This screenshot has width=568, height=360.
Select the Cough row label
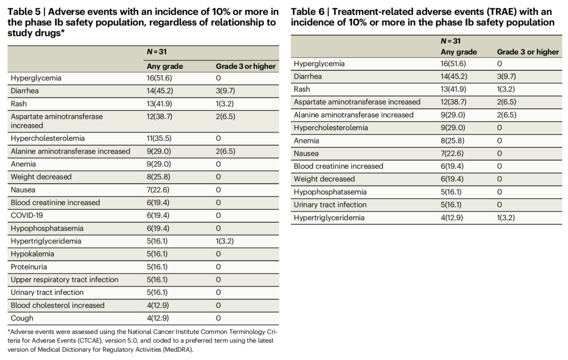click(x=22, y=318)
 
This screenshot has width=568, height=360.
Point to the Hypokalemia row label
click(x=32, y=254)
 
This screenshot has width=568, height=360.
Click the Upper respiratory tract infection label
click(x=65, y=280)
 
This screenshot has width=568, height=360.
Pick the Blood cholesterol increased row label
click(x=58, y=305)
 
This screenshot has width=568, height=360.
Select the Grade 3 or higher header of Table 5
click(x=246, y=66)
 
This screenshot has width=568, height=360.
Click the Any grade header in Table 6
click(x=459, y=52)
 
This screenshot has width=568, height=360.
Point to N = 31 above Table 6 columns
click(x=451, y=41)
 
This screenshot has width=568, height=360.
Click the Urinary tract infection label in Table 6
click(x=330, y=205)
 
